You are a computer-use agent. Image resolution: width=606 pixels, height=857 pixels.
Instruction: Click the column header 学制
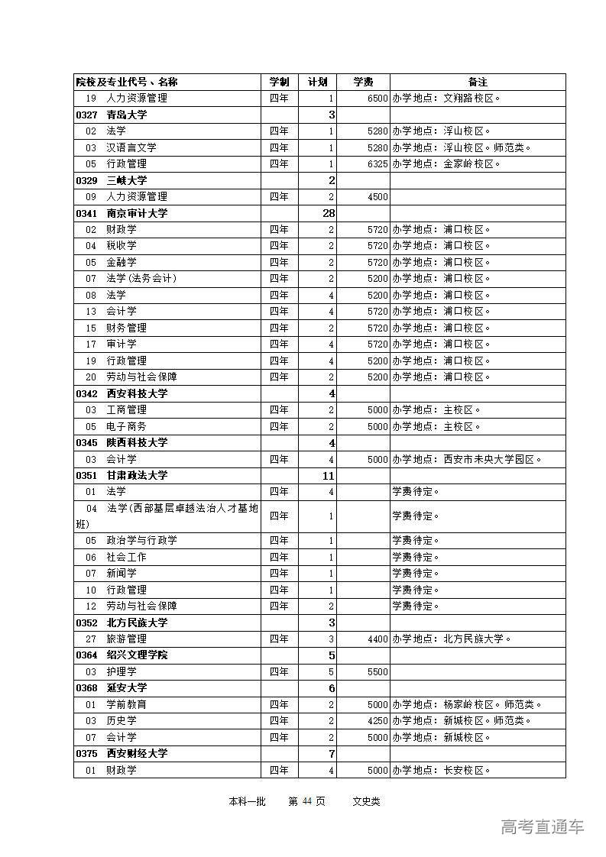pos(279,82)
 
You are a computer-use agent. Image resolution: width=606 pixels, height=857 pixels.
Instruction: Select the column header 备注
pos(478,82)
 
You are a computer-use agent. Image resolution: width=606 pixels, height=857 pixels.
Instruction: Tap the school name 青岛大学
pos(127,115)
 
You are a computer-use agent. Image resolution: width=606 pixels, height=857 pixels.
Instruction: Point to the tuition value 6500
pos(378,99)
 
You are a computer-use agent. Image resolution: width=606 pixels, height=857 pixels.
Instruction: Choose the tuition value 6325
pos(378,163)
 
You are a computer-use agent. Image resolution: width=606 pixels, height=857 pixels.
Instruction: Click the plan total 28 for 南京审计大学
pos(329,213)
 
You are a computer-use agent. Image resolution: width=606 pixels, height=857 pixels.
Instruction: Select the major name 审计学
pos(122,344)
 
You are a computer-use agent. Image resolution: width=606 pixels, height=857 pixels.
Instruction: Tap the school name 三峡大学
pos(127,180)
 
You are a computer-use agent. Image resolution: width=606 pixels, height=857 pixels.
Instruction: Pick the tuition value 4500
pos(378,196)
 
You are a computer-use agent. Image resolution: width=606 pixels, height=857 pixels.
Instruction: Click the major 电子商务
pos(126,426)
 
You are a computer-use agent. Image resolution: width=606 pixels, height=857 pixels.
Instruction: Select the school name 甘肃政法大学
pos(137,475)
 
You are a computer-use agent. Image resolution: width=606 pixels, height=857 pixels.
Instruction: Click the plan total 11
pos(329,475)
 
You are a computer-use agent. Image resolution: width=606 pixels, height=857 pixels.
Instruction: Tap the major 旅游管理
pos(126,639)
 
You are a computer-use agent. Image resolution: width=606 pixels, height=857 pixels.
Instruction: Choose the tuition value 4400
pos(378,639)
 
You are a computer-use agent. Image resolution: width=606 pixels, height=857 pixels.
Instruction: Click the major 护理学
pos(122,671)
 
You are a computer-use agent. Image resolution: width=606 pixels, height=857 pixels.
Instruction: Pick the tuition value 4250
pos(378,720)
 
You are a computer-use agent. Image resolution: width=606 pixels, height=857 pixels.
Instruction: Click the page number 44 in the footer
pos(307,801)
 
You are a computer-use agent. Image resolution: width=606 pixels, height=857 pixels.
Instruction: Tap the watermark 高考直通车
pos(543,826)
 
